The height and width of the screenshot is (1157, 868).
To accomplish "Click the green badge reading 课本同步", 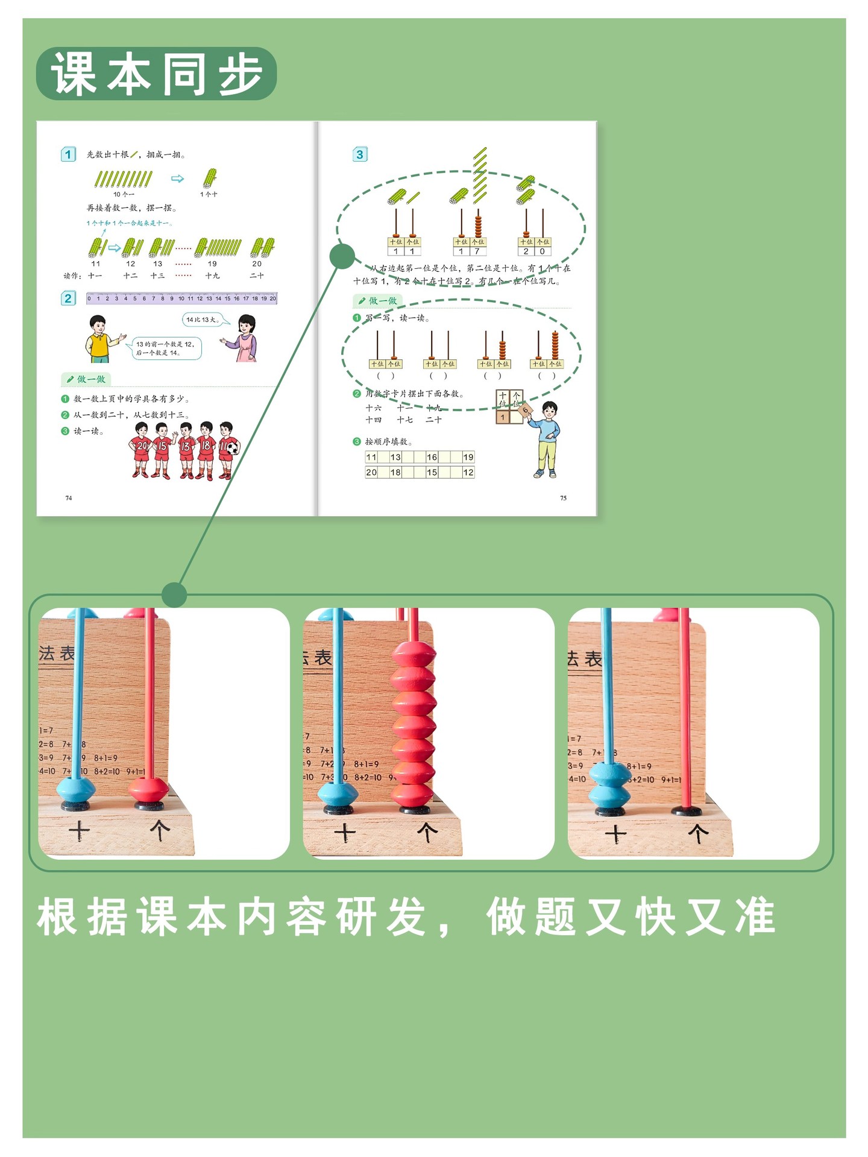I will click(x=156, y=74).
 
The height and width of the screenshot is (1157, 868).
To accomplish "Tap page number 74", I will click(x=69, y=498).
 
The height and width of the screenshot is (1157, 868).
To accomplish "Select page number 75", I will click(x=563, y=498).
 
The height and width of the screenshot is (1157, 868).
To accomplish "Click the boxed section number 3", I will click(x=360, y=154).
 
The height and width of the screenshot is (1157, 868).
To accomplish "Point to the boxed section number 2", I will click(x=68, y=298).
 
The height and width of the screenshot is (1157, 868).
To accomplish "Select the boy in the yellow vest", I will click(x=100, y=339).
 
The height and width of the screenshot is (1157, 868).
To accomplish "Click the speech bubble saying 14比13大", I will click(x=202, y=320).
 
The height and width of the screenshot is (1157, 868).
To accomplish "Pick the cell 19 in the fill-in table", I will click(x=468, y=457).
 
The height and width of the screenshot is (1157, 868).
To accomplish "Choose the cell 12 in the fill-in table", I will click(x=468, y=472).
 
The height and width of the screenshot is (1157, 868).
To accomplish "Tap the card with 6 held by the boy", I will click(x=525, y=411).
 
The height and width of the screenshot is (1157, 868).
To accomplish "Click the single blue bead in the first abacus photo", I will click(x=76, y=787).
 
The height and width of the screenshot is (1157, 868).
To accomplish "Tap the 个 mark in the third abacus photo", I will click(x=698, y=834).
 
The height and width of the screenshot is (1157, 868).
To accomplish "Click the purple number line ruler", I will click(x=181, y=298).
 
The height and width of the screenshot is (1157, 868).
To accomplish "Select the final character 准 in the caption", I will click(x=755, y=916).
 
